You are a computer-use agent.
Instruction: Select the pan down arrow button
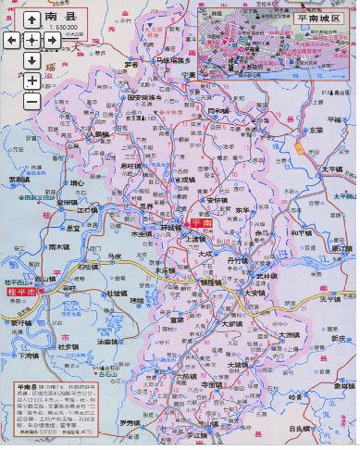[31, 60]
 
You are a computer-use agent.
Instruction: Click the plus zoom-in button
[31, 81]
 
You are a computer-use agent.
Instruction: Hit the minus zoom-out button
[31, 99]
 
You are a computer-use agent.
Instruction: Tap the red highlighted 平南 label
[200, 224]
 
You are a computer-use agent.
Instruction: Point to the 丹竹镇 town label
[238, 261]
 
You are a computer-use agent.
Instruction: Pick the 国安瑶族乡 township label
[144, 97]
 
